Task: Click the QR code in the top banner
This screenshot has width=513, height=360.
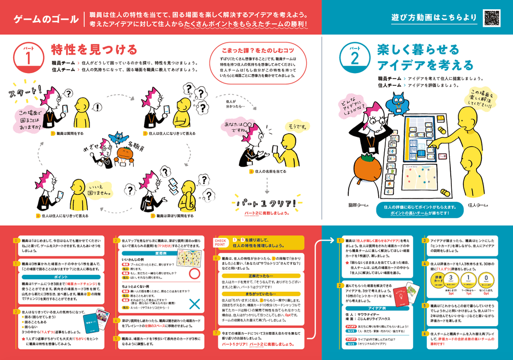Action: coord(492,17)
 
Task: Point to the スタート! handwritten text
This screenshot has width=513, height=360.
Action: coord(25,93)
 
